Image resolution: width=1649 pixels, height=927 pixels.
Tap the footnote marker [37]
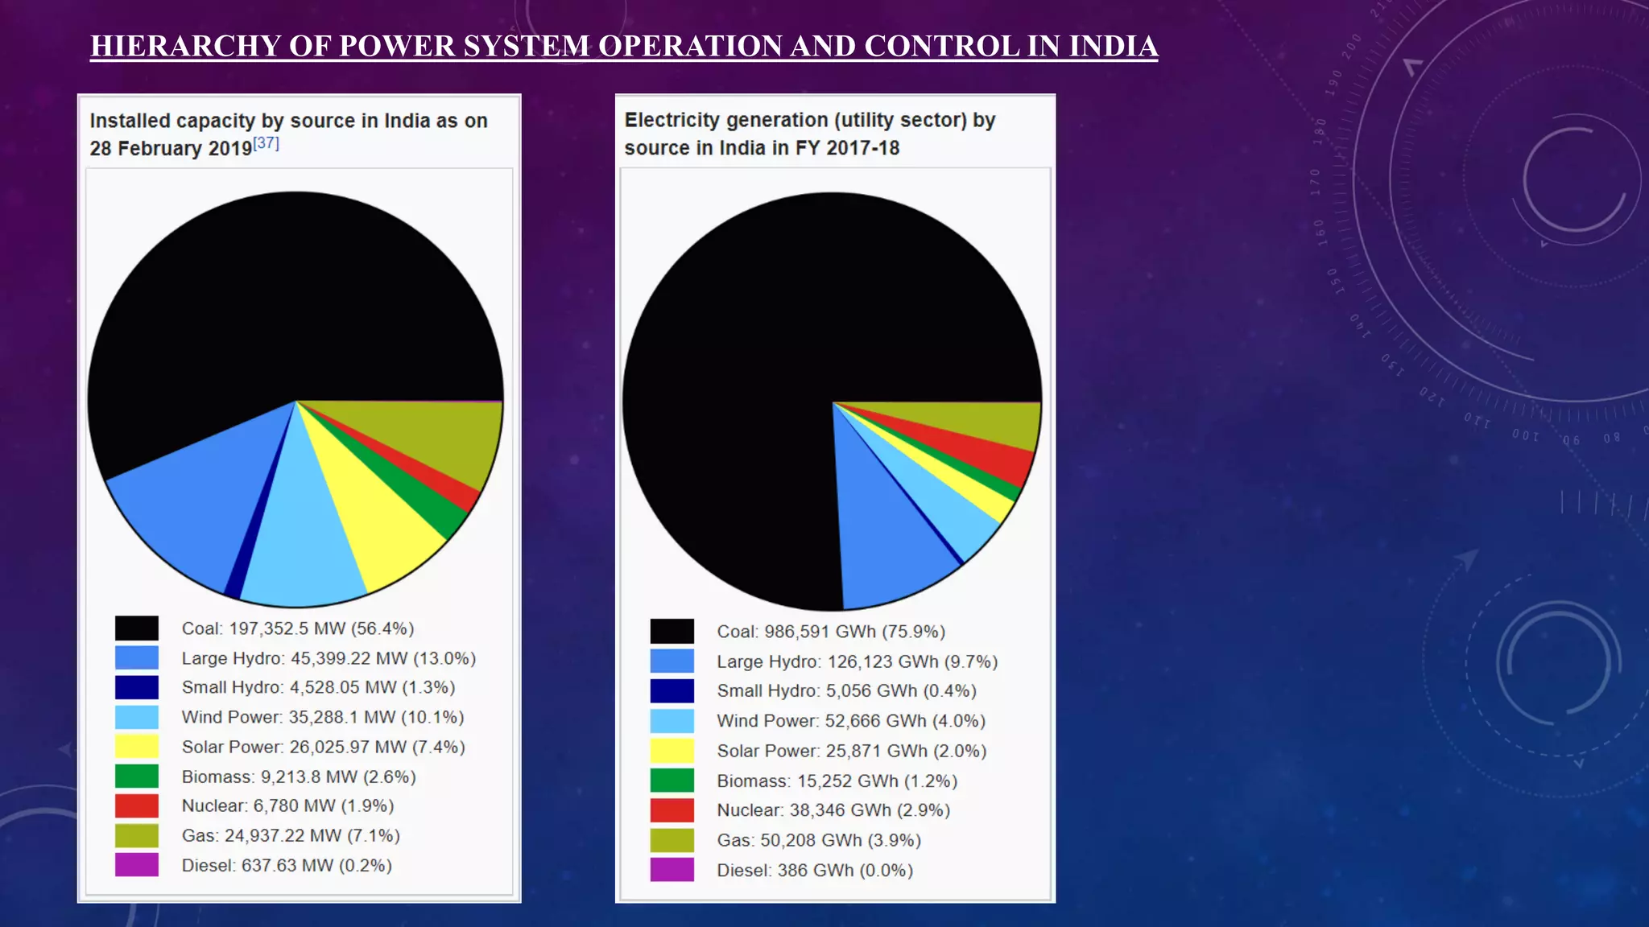click(x=266, y=143)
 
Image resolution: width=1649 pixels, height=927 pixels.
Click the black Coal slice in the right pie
click(x=765, y=338)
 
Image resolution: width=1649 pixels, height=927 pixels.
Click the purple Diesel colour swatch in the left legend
click(x=137, y=865)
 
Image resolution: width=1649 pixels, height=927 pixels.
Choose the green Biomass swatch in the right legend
click(x=672, y=781)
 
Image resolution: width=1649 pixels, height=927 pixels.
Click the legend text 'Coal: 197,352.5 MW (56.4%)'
click(x=297, y=628)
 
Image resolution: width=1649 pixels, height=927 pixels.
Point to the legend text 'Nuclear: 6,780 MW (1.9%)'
click(x=287, y=805)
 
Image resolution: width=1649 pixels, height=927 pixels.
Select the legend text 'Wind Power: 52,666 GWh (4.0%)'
click(x=851, y=721)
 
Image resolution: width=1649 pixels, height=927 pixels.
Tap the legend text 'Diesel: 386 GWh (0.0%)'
click(x=815, y=870)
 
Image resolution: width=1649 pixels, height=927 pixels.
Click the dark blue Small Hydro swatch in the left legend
click(x=137, y=687)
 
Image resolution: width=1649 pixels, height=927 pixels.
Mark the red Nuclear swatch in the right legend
click(x=672, y=810)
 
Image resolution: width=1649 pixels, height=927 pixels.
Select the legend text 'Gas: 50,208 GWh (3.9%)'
click(x=819, y=840)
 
